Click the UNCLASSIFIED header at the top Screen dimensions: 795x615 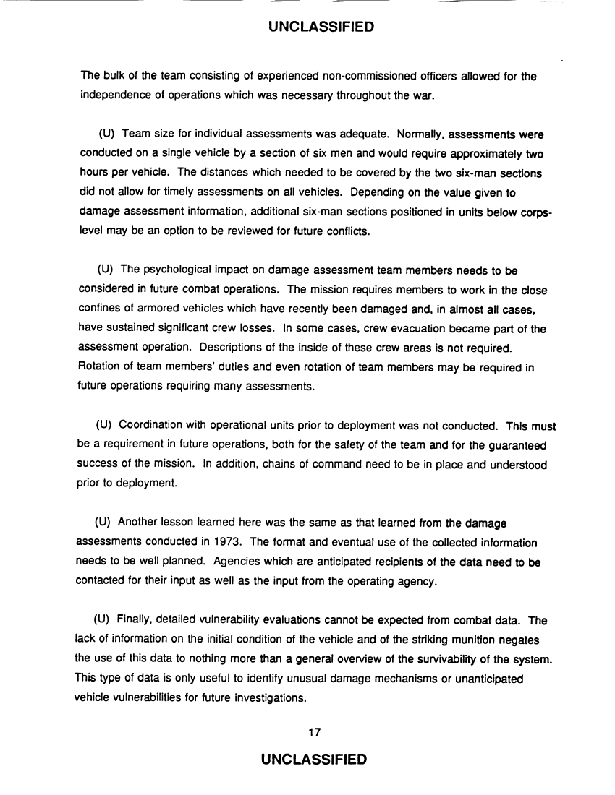click(x=321, y=28)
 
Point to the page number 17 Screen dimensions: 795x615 click(x=314, y=732)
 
